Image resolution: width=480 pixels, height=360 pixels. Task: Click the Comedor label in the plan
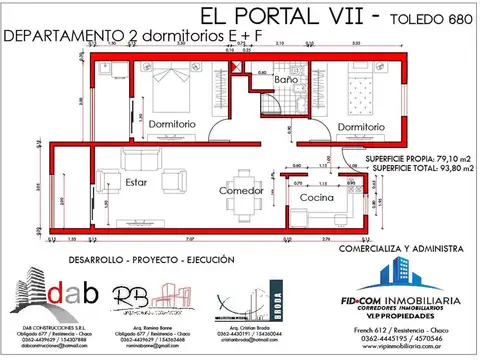(241, 190)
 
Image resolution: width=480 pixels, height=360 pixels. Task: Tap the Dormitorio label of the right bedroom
(360, 127)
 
